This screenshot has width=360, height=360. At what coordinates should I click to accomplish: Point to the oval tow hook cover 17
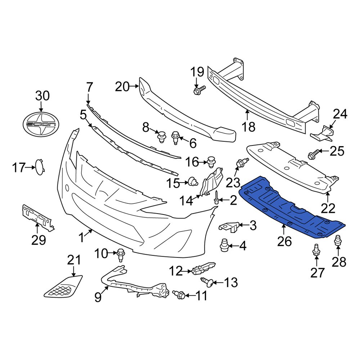pos(39,167)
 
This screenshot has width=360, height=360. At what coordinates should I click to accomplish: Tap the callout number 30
pos(42,96)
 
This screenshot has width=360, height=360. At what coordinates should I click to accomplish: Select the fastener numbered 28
pos(338,240)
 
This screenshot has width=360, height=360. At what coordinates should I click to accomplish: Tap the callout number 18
pos(248,126)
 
